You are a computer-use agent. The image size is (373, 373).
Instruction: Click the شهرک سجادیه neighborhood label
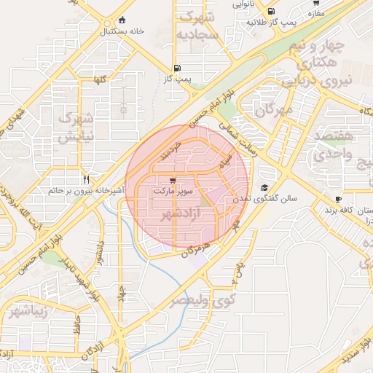click(x=200, y=25)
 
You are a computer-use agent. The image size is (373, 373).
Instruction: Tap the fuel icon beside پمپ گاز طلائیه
click(x=271, y=12)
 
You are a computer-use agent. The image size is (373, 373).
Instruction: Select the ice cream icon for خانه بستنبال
click(x=121, y=20)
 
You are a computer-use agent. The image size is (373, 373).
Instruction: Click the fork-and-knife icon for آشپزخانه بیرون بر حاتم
click(x=86, y=179)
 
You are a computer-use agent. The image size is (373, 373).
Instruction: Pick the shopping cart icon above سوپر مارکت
click(x=172, y=181)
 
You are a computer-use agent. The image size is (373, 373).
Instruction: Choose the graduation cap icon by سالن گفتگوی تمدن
click(x=264, y=187)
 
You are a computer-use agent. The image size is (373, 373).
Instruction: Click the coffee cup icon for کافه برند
click(x=338, y=200)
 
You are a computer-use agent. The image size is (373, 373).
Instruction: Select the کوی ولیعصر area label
click(x=203, y=299)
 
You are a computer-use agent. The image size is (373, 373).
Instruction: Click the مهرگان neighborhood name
click(x=274, y=110)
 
